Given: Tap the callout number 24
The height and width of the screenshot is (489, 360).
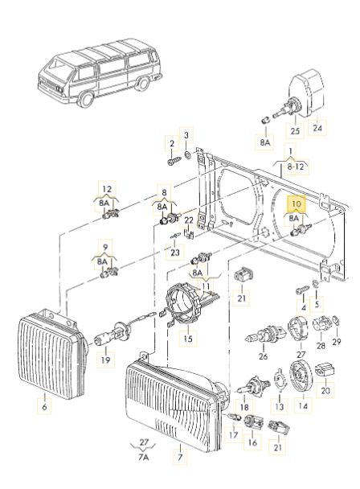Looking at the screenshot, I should (317, 127).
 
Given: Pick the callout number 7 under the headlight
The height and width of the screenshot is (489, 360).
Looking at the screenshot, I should (181, 458).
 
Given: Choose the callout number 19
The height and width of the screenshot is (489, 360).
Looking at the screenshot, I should (104, 362).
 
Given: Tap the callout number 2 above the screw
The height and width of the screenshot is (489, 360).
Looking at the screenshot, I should (171, 143).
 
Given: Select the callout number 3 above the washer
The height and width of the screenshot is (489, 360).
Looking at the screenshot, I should (188, 134).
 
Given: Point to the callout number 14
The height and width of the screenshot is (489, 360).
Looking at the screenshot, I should (303, 408).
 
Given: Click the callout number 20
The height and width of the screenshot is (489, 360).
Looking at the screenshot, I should (325, 392).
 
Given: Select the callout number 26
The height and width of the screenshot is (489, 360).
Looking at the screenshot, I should (263, 355).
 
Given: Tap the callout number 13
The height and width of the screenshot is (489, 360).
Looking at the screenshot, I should (279, 407).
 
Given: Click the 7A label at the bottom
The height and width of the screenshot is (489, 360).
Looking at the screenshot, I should (142, 458).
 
